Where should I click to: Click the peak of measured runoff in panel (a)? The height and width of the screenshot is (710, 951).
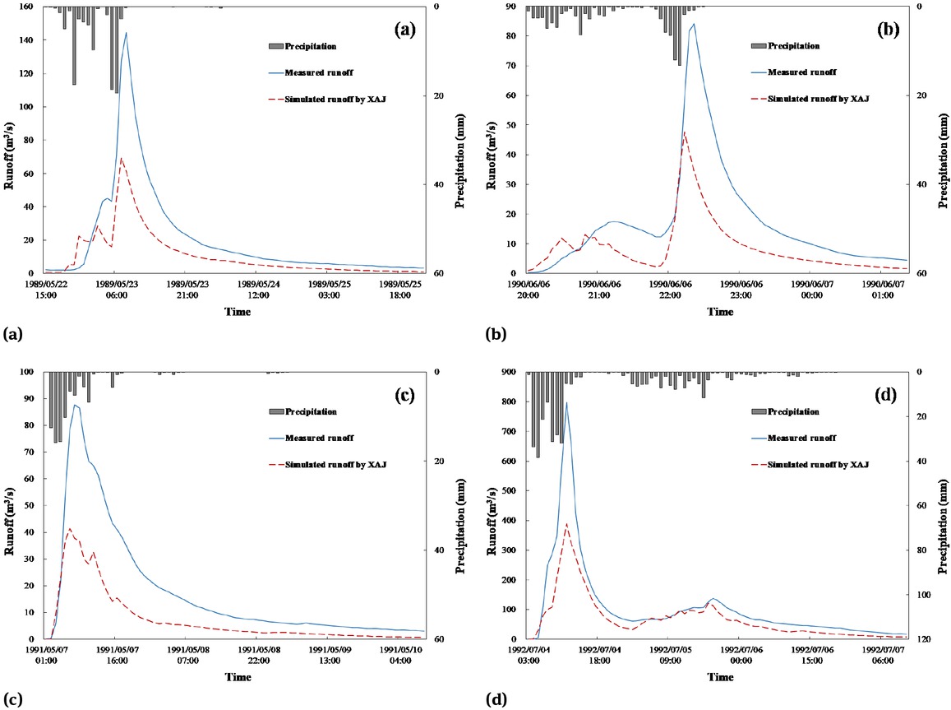click(126, 33)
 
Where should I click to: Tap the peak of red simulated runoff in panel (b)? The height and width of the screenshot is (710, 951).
click(685, 132)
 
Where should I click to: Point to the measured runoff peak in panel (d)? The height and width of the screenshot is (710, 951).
click(566, 402)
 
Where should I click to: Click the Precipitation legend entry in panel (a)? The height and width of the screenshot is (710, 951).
click(311, 46)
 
